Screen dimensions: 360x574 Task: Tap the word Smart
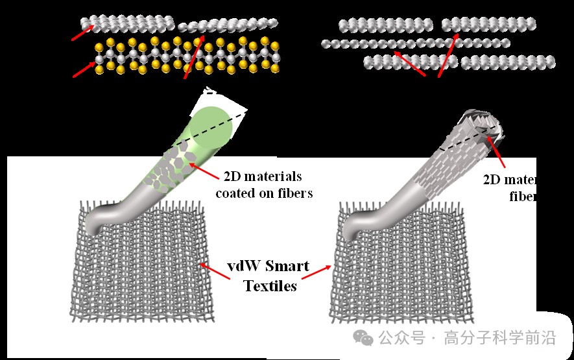pyautogui.click(x=288, y=267)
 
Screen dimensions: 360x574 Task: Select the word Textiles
pyautogui.click(x=270, y=285)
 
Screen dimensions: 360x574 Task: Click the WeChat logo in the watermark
pyautogui.click(x=363, y=337)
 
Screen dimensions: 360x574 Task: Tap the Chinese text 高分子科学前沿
pyautogui.click(x=500, y=338)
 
